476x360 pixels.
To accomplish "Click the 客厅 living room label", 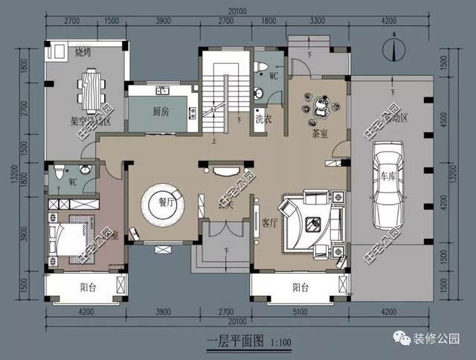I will [x=270, y=222].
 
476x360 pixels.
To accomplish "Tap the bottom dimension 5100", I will [x=300, y=312].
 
